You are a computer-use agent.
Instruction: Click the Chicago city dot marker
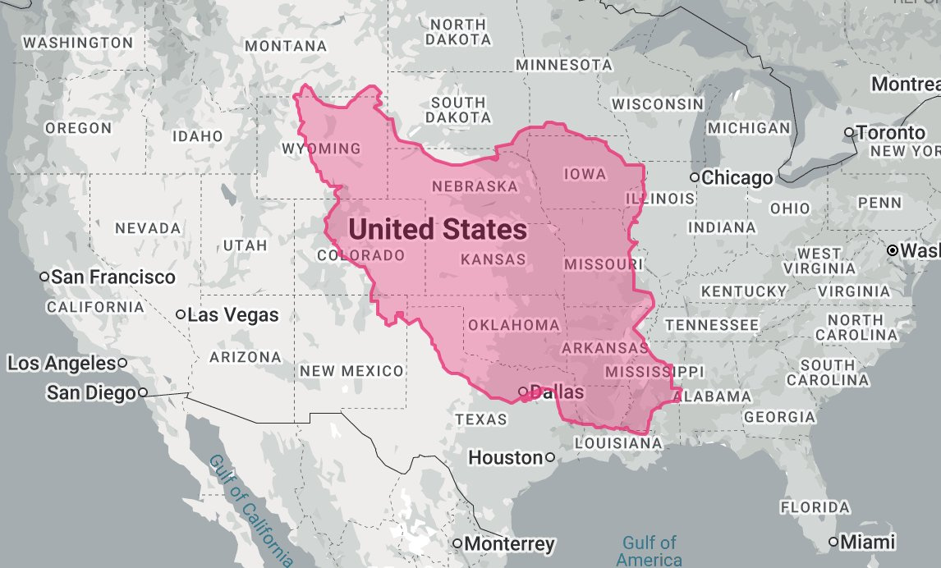coord(695,177)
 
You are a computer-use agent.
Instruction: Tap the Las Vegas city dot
coord(181,314)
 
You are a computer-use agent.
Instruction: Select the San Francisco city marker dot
coord(44,277)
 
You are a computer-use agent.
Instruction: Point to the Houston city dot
coord(549,457)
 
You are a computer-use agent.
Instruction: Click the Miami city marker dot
coord(834,542)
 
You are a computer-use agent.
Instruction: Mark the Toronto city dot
coord(849,132)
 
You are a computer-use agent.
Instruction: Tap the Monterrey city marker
coord(457,543)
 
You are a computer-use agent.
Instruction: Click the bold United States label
coord(436,230)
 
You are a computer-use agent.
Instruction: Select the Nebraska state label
coord(475,186)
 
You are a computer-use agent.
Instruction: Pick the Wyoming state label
coord(321,149)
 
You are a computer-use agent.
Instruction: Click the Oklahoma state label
coord(514,325)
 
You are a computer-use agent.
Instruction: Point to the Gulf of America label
coord(650,551)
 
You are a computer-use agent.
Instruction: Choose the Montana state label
coord(287,47)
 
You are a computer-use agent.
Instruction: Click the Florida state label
coord(815,506)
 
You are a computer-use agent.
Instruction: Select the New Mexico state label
coord(351,371)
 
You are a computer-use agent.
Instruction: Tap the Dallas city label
coord(557,392)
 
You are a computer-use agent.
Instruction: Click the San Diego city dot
coord(143,392)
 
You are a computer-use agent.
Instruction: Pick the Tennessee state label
coord(711,325)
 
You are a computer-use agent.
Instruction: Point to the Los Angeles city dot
coord(122,363)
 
